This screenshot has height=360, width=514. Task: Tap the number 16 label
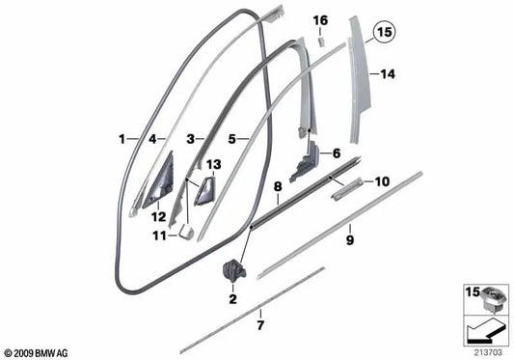320,20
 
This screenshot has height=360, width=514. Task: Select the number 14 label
388,74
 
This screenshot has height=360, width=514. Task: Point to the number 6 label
337,153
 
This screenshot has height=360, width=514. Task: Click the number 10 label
382,181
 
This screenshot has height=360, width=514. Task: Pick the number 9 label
350,240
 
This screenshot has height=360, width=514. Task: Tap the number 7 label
260,325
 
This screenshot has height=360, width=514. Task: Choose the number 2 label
232,299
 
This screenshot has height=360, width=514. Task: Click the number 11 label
160,235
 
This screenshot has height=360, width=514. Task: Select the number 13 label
214,164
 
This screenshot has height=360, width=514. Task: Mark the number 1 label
122,139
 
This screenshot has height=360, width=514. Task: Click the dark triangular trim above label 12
159,180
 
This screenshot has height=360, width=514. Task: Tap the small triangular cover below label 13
205,191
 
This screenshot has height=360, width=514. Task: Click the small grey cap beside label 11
186,232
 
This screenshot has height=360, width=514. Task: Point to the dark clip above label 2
233,269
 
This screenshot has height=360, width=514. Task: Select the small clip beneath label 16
320,42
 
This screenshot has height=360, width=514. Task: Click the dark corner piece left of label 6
304,161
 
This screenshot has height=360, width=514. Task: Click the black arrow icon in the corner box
485,331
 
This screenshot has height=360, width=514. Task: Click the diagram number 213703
488,353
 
